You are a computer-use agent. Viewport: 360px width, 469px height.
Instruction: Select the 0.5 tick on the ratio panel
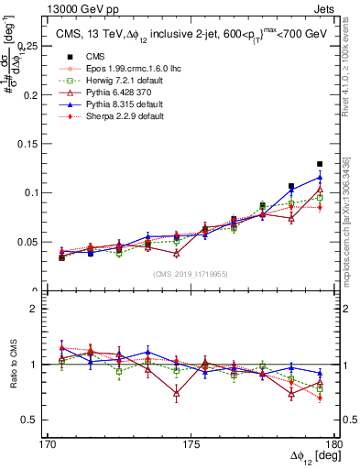29,420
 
